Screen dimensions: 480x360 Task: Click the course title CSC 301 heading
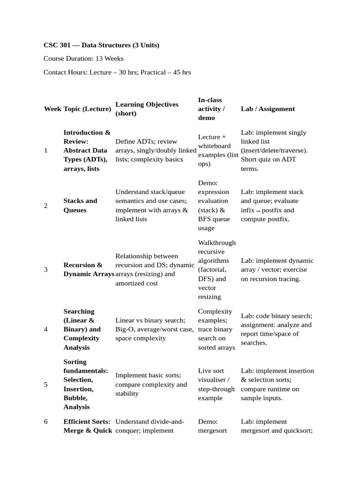tap(101, 45)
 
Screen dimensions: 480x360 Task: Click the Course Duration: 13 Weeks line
tap(83, 59)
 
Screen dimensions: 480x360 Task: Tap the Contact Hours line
tap(117, 73)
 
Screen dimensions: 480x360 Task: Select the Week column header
tap(52, 109)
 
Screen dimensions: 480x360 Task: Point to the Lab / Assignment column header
tap(268, 109)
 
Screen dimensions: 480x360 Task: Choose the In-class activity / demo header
tap(212, 109)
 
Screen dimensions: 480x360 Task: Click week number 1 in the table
tap(45, 150)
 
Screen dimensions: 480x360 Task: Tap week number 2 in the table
tap(45, 205)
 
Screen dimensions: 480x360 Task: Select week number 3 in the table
tap(45, 270)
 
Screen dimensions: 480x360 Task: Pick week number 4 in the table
tap(45, 329)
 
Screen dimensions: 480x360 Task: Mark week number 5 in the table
tap(45, 384)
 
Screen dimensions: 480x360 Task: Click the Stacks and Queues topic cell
tap(80, 205)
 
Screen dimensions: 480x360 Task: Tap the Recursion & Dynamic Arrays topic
tap(89, 270)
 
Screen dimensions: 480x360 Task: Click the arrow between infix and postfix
tap(258, 211)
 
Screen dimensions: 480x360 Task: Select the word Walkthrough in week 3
tap(217, 243)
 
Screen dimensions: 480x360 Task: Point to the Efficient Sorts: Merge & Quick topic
tap(88, 426)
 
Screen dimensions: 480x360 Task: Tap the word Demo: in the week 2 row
tap(208, 183)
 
